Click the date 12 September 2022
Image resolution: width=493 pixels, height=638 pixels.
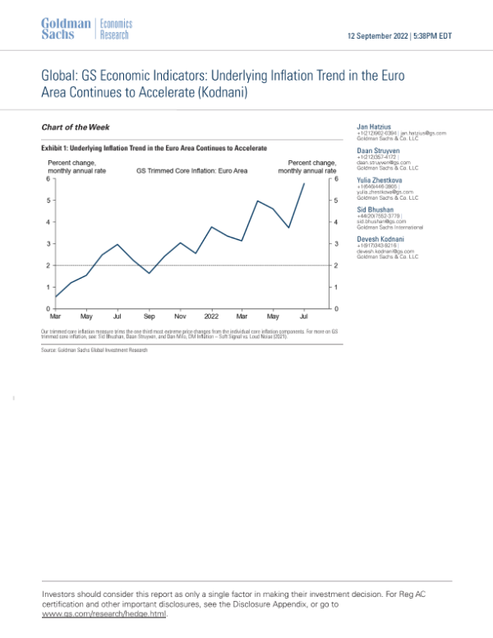379,36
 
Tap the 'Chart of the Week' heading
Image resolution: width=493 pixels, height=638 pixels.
75,127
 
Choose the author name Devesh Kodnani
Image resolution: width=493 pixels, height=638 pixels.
379,238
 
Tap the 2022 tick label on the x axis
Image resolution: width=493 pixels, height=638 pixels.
210,316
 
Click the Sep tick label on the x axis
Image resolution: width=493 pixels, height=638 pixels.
149,316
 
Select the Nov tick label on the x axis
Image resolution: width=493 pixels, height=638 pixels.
179,316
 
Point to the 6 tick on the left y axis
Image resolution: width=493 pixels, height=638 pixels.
48,178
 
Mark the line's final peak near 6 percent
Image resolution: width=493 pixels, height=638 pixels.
305,183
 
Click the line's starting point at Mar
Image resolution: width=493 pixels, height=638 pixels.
55,297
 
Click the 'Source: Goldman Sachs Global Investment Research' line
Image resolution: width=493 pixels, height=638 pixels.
94,350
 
